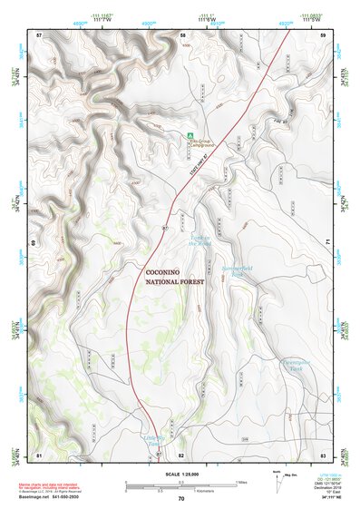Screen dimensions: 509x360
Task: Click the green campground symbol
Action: coord(190,136)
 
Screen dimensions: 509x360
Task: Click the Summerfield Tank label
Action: coord(238,272)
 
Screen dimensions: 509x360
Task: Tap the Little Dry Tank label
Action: coord(154,440)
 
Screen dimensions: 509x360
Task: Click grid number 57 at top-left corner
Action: coord(39,34)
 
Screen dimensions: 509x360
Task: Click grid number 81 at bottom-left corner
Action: coord(39,454)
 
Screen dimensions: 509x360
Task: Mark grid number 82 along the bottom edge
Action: coord(181,454)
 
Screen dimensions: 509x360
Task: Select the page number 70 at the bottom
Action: coord(181,499)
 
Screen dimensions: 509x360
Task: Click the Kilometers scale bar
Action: coord(180,487)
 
